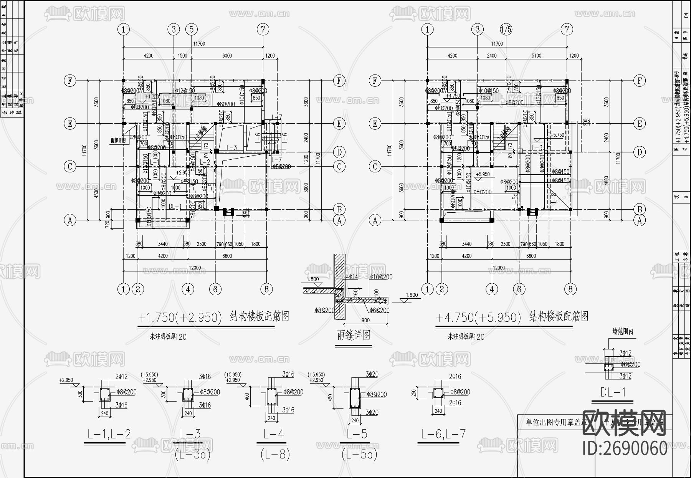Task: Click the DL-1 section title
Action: pyautogui.click(x=613, y=392)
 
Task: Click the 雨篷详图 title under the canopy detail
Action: pyautogui.click(x=353, y=335)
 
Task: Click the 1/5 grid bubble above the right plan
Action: pyautogui.click(x=506, y=29)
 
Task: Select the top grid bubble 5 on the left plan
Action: pyautogui.click(x=191, y=29)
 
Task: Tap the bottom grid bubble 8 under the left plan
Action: pyautogui.click(x=266, y=289)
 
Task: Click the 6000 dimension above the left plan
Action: pyautogui.click(x=227, y=56)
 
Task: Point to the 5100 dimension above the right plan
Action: pyautogui.click(x=536, y=56)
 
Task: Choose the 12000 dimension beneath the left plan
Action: pyautogui.click(x=195, y=268)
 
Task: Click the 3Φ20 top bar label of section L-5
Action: pyautogui.click(x=372, y=374)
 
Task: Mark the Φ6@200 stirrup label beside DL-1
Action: pyautogui.click(x=631, y=364)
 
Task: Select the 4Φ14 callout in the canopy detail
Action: pyautogui.click(x=352, y=276)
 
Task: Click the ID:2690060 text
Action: pyautogui.click(x=625, y=448)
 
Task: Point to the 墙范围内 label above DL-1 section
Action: pyautogui.click(x=623, y=332)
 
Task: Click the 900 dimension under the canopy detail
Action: pyautogui.click(x=365, y=320)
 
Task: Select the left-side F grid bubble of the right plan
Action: pyautogui.click(x=375, y=81)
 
